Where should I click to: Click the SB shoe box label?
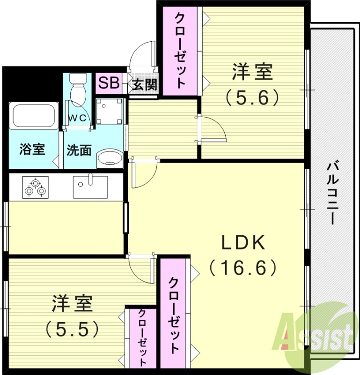(109, 83)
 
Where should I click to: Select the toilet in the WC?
(78, 89)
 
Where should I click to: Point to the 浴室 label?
(32, 150)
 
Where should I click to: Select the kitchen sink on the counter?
(90, 187)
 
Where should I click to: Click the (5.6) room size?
(252, 97)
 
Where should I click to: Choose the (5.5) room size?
(72, 329)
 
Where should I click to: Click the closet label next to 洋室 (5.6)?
(180, 50)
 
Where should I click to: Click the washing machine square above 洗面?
(110, 111)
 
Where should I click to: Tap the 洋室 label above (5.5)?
(72, 303)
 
